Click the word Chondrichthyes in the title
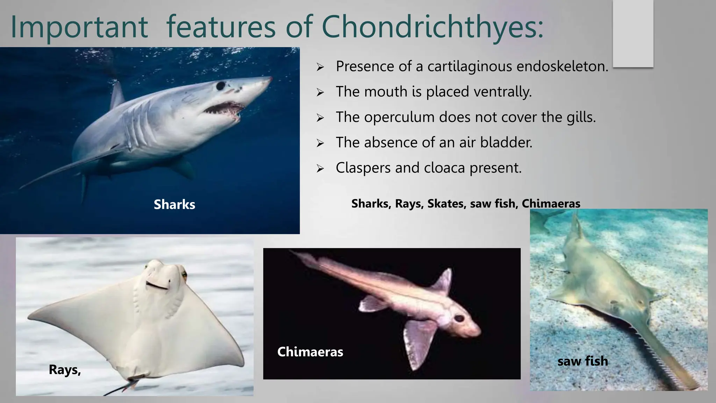coord(432,27)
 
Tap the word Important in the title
coord(79,27)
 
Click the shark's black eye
coord(221,85)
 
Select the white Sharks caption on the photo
coord(174,205)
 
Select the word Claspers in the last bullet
coord(363,168)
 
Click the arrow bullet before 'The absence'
coord(320,143)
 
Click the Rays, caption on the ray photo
coord(65,370)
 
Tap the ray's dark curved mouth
coord(157,285)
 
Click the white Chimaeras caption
coord(310,352)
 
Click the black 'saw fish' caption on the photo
coord(582,361)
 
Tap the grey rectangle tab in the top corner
coord(633,33)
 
